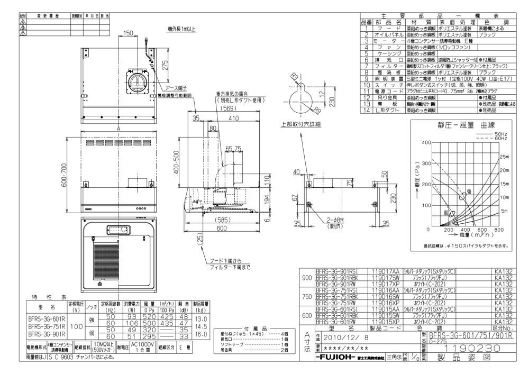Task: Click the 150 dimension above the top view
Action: click(128, 33)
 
